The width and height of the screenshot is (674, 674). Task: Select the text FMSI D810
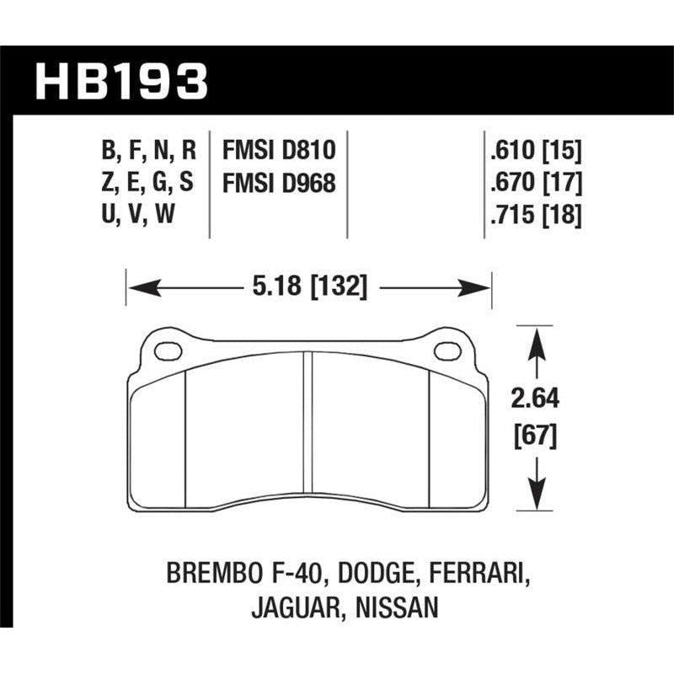pos(279,151)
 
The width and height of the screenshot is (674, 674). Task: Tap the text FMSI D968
pos(279,182)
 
